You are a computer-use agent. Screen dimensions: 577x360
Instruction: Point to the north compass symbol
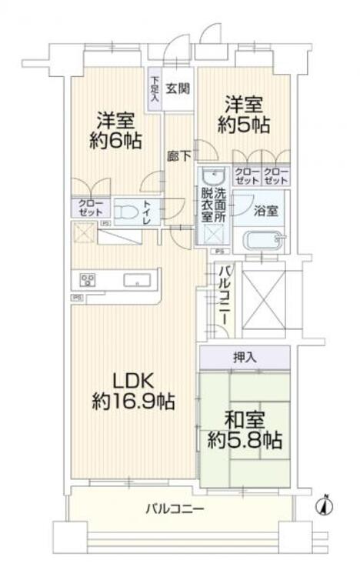[326, 505]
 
